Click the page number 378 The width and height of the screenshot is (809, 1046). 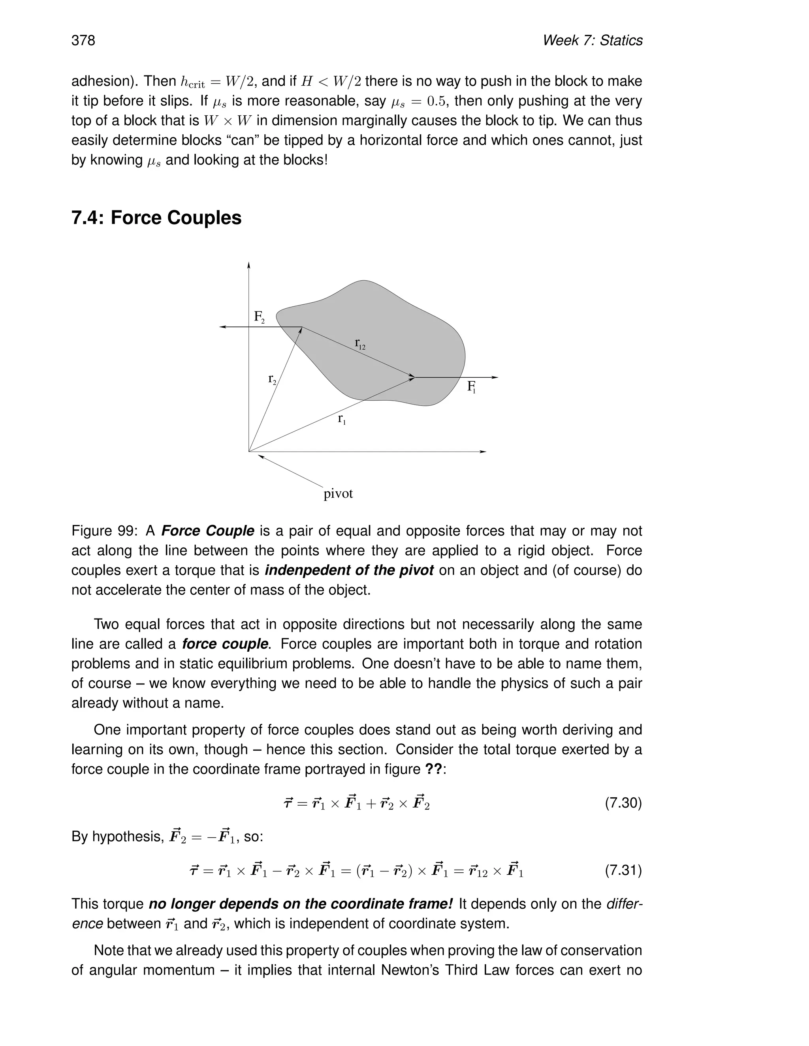(x=83, y=40)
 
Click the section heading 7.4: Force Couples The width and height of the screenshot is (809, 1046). (x=156, y=218)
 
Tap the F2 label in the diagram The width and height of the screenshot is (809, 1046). (x=259, y=317)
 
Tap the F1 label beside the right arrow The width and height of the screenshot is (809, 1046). (x=471, y=387)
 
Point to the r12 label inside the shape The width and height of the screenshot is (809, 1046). (x=360, y=343)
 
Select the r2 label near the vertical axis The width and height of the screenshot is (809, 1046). (x=272, y=379)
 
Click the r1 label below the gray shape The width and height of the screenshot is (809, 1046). (x=342, y=419)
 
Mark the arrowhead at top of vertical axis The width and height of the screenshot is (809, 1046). (x=249, y=265)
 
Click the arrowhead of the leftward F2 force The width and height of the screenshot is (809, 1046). (x=222, y=327)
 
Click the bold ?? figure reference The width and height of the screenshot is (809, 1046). (x=434, y=769)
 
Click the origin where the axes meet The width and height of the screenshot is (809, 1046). (x=249, y=451)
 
